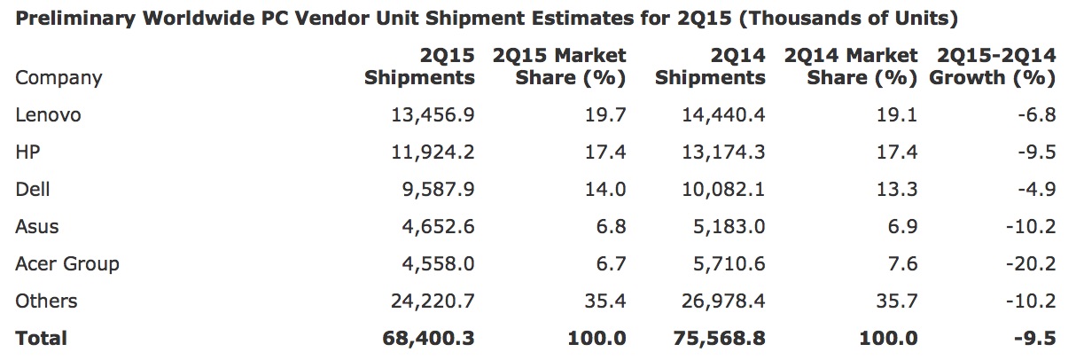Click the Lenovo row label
point(48,115)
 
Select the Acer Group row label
point(66,264)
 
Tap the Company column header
point(58,78)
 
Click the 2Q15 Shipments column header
point(419,67)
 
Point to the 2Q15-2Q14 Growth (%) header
point(993,67)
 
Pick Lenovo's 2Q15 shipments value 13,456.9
point(433,115)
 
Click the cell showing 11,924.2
point(433,153)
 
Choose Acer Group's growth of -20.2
point(1031,264)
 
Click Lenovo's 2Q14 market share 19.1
point(900,115)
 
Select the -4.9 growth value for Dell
point(1036,190)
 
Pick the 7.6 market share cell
point(904,264)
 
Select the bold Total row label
point(41,339)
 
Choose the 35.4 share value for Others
point(607,301)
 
